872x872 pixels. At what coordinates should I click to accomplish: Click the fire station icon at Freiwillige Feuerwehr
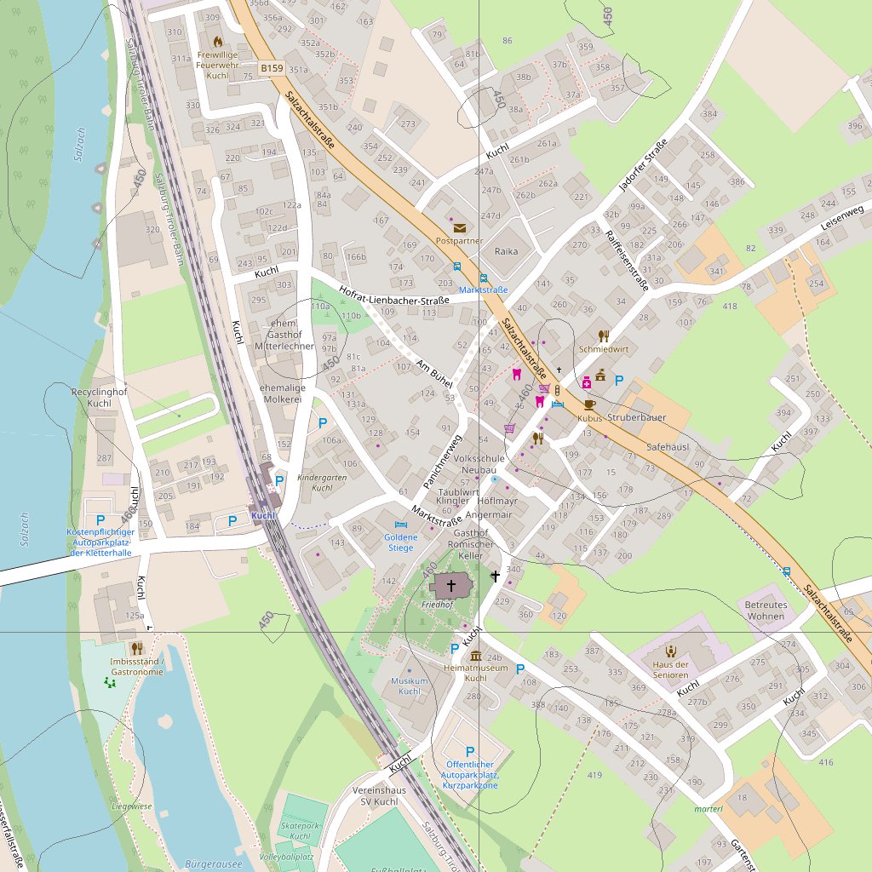coord(217,40)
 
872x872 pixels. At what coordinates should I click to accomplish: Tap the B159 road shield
coord(272,66)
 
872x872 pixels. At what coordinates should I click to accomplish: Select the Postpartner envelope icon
coord(460,227)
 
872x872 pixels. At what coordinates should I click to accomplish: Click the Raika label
coord(506,251)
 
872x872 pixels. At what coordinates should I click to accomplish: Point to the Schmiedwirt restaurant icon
coord(604,336)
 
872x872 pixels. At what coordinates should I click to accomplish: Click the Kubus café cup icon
coord(589,404)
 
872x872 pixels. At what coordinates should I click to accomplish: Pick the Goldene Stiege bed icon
coord(401,524)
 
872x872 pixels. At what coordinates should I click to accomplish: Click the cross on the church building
coord(450,585)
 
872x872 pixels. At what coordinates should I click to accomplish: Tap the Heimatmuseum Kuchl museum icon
coord(475,656)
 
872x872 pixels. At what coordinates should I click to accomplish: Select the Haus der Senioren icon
coord(669,651)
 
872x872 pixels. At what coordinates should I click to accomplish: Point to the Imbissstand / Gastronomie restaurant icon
coord(137,649)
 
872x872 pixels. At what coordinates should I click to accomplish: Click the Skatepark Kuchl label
coord(300,831)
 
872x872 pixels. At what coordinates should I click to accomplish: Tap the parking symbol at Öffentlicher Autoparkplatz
coord(469,752)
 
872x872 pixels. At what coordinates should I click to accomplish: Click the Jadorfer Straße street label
coord(643,168)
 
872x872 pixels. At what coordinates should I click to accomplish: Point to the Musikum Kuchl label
coord(409,686)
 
